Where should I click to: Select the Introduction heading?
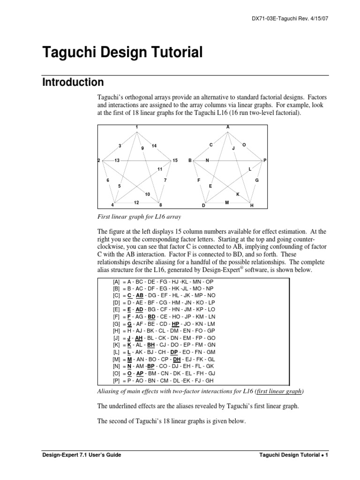tap(73, 82)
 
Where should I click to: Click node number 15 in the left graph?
tap(175, 160)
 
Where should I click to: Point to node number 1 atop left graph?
tap(136, 127)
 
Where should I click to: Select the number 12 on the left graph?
tap(136, 202)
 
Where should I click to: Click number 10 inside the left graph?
tap(147, 194)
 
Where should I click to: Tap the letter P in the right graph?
tap(265, 160)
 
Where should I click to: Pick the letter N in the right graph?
tap(207, 160)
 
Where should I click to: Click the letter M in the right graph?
tap(227, 202)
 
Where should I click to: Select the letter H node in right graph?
tap(252, 205)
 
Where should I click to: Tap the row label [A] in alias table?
tap(116, 282)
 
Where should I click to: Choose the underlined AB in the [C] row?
tap(140, 296)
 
